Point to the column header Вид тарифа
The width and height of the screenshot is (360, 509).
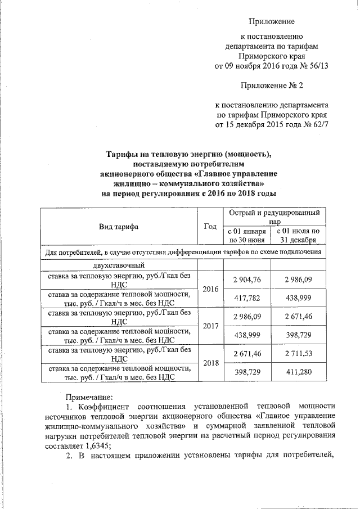[x=119, y=226]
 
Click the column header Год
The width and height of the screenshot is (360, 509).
[x=210, y=226]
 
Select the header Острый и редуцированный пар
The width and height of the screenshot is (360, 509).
[x=274, y=217]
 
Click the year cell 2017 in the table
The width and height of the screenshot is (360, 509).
[x=210, y=325]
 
